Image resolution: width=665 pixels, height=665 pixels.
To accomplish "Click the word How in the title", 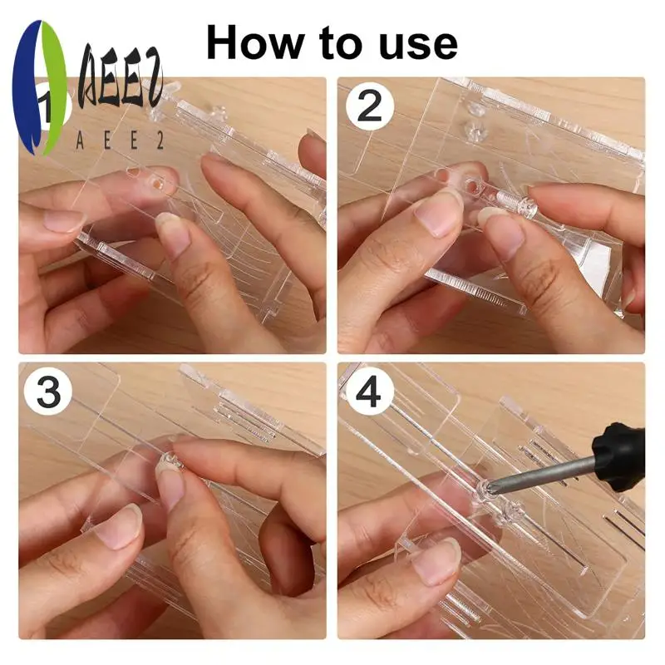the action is [x=255, y=43].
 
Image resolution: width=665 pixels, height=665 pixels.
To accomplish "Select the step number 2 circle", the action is [x=370, y=106].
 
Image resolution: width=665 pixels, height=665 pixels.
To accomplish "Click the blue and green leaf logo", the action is [x=39, y=87].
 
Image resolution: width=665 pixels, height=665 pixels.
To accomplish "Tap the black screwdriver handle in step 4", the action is [x=618, y=459].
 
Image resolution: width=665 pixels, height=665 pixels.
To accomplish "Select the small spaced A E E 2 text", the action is [x=120, y=140].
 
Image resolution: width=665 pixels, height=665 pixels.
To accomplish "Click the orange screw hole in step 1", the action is [x=158, y=184].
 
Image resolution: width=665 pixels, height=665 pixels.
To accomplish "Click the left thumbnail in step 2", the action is [x=438, y=214].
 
